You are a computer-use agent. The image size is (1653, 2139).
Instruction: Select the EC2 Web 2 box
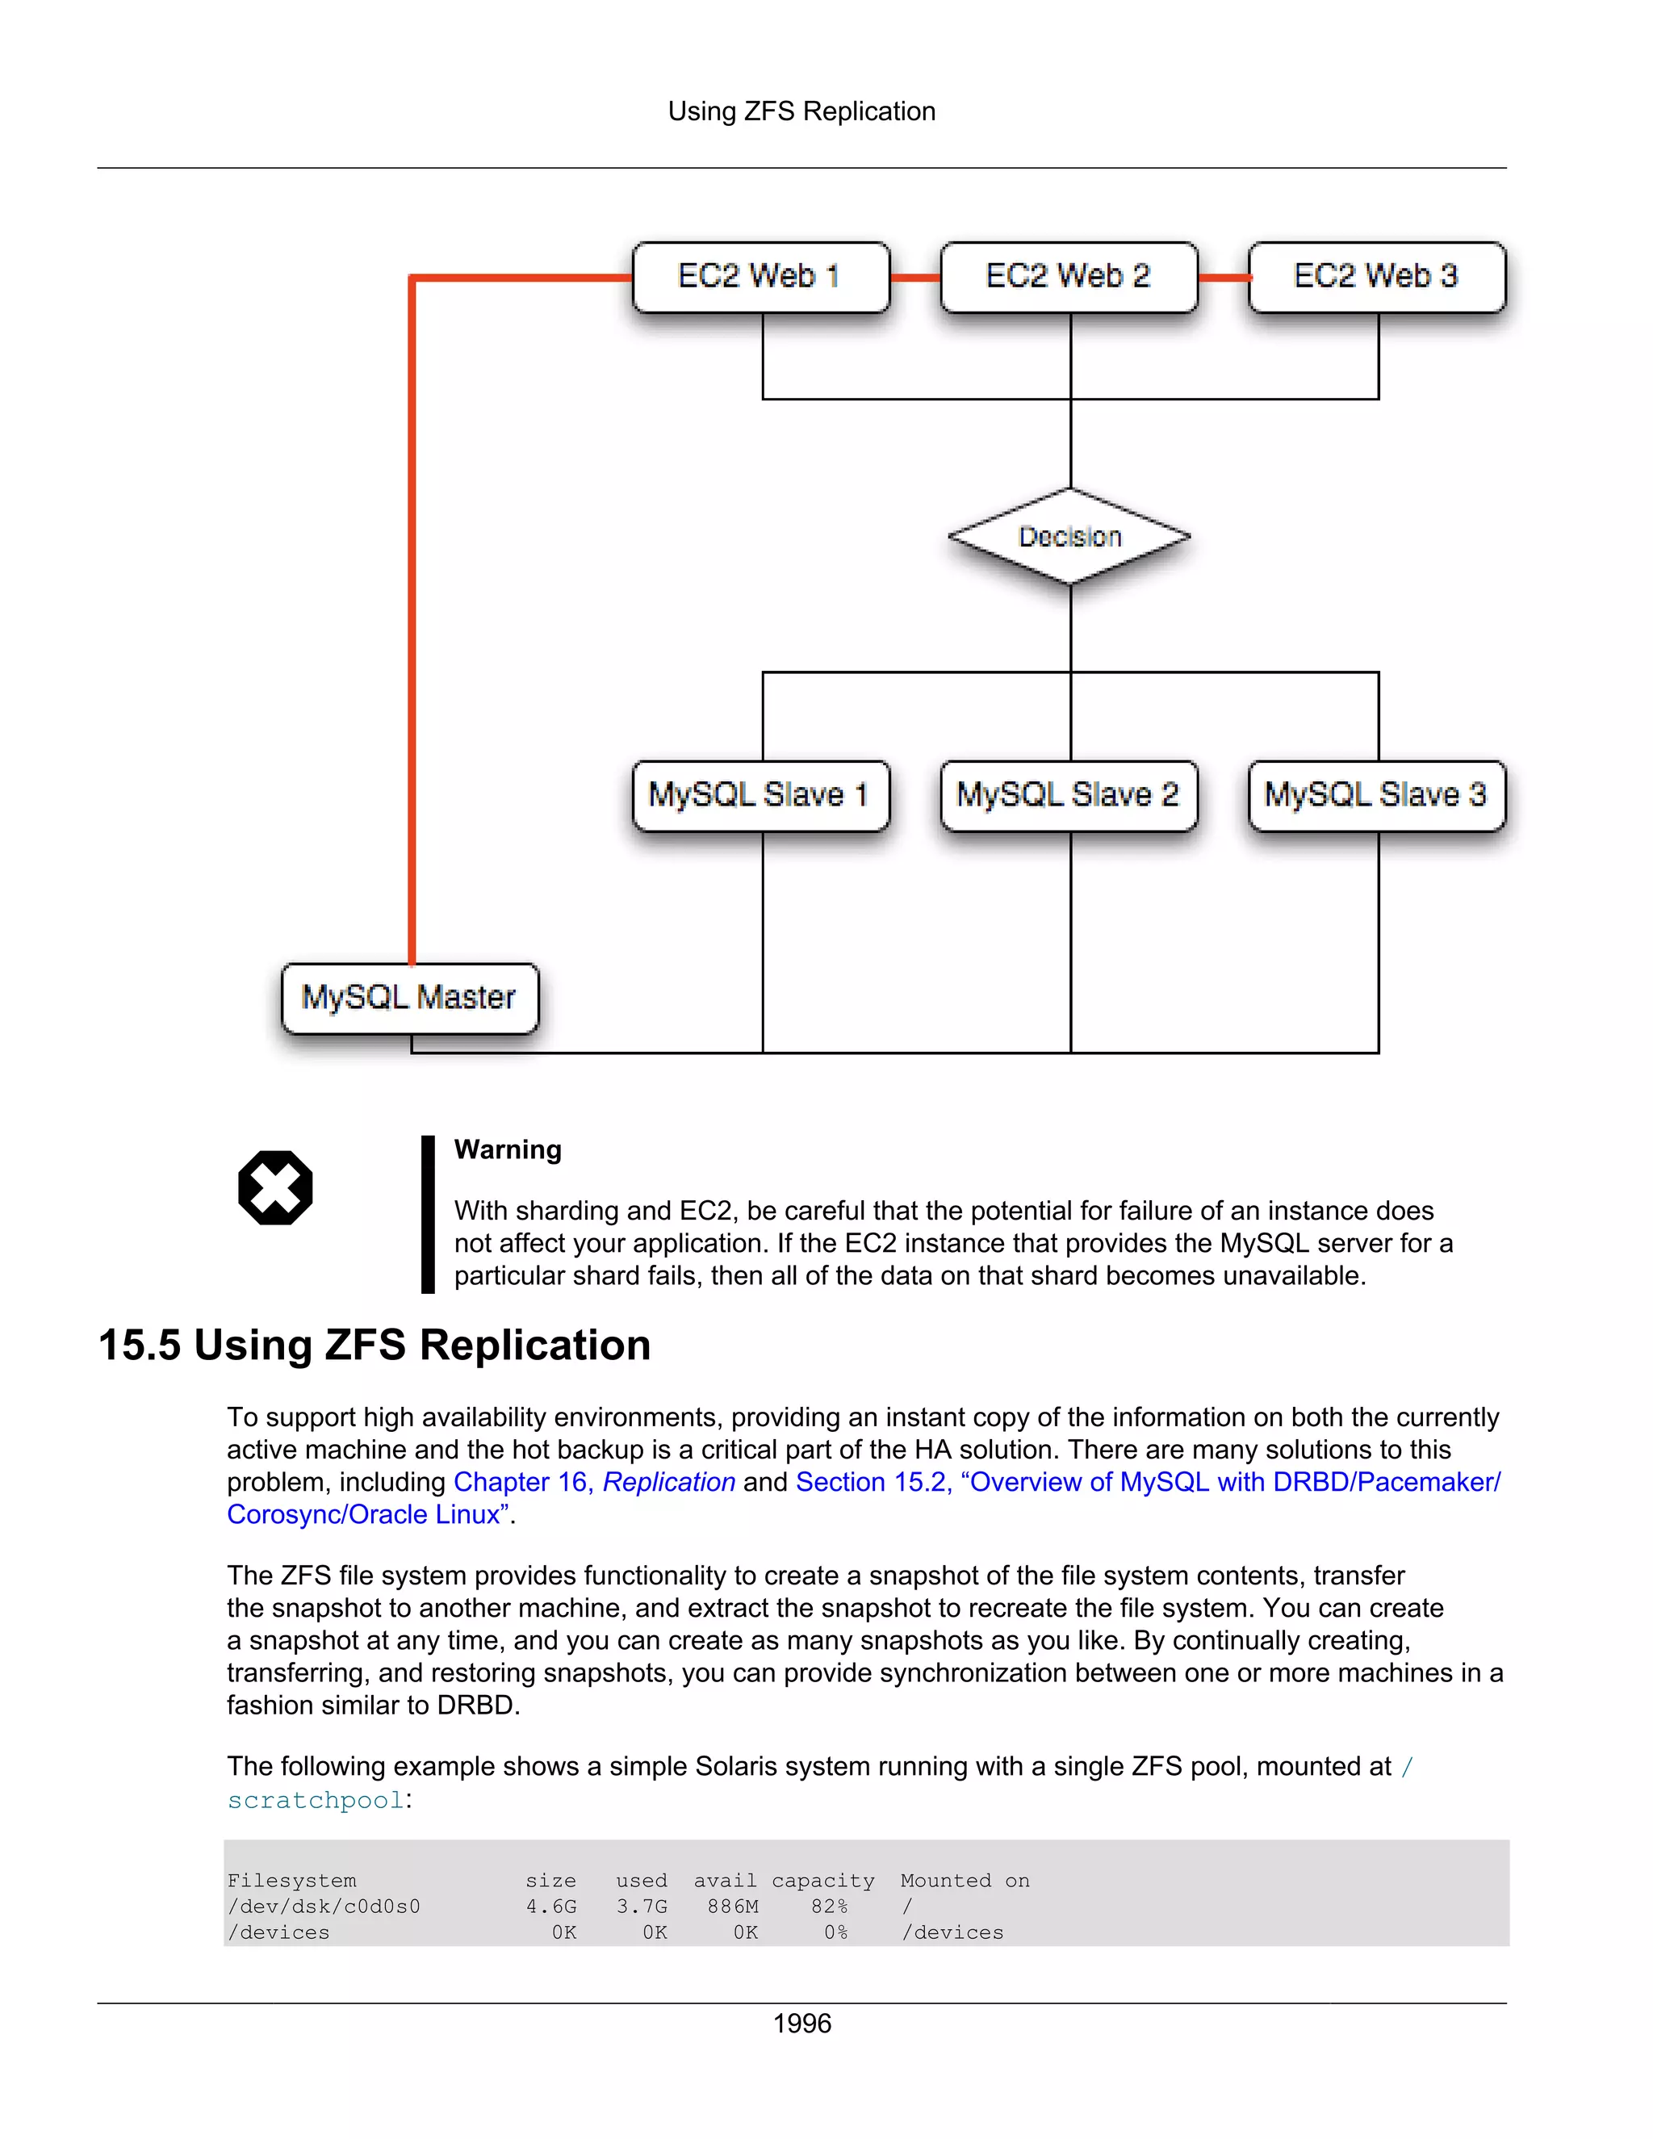click(1069, 277)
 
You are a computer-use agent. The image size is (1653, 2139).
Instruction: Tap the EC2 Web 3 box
click(1376, 277)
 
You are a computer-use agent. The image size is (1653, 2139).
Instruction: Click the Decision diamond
click(1069, 537)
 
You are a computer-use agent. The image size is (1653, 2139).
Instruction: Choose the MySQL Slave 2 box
click(1069, 795)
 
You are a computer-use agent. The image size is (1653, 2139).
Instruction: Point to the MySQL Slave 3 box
click(1376, 795)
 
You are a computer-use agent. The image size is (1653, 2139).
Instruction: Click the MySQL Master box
click(409, 998)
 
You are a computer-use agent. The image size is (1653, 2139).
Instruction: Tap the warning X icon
click(275, 1187)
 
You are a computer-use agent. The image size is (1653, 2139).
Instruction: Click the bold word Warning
click(507, 1149)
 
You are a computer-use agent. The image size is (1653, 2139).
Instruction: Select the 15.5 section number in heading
click(139, 1346)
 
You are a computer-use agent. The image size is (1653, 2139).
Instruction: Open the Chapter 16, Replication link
click(593, 1482)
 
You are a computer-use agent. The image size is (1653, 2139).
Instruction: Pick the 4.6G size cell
click(551, 1906)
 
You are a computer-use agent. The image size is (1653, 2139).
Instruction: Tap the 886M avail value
click(733, 1906)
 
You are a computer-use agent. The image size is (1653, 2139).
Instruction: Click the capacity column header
click(822, 1881)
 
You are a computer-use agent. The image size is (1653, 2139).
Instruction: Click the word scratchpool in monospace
click(316, 1800)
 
